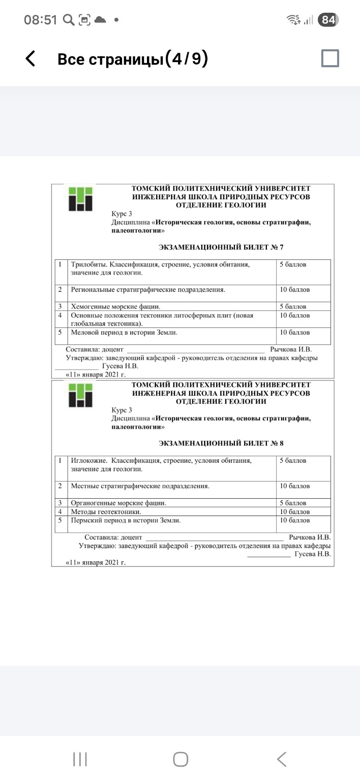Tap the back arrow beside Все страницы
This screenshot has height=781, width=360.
point(31,59)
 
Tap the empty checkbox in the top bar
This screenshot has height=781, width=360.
point(330,58)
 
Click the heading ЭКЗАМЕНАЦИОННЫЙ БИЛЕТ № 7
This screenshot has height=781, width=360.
point(221,247)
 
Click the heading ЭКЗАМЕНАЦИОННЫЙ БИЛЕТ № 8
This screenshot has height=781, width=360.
point(221,443)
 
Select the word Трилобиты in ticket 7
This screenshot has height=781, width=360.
point(88,264)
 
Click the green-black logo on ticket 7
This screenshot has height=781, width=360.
point(81,199)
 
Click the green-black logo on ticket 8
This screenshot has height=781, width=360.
point(81,395)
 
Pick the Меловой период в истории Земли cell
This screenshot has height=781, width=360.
point(124,333)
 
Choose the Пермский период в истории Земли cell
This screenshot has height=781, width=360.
point(126,521)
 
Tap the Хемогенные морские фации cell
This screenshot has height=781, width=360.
point(115,307)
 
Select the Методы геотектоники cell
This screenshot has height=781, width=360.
point(106,512)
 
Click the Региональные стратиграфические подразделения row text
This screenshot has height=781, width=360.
point(147,290)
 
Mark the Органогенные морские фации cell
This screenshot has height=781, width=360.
point(118,503)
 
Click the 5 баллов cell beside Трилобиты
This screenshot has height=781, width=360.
point(293,264)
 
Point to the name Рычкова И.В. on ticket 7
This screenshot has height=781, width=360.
point(291,349)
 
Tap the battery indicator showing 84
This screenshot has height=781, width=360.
point(328,20)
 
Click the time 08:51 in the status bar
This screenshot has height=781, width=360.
point(41,20)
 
